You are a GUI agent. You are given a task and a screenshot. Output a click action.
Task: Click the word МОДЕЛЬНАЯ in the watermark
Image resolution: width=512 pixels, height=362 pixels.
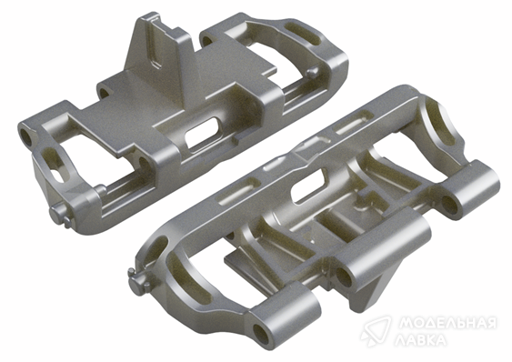[447, 324]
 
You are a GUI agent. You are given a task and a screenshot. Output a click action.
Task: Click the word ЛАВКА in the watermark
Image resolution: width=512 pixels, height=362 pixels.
[420, 340]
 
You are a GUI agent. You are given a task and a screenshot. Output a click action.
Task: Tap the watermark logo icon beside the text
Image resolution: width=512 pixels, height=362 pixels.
[376, 331]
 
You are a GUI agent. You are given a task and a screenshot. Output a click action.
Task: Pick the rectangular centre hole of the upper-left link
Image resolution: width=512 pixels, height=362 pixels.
[203, 132]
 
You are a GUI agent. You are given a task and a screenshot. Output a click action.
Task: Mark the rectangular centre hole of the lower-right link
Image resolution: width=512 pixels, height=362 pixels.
[309, 186]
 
